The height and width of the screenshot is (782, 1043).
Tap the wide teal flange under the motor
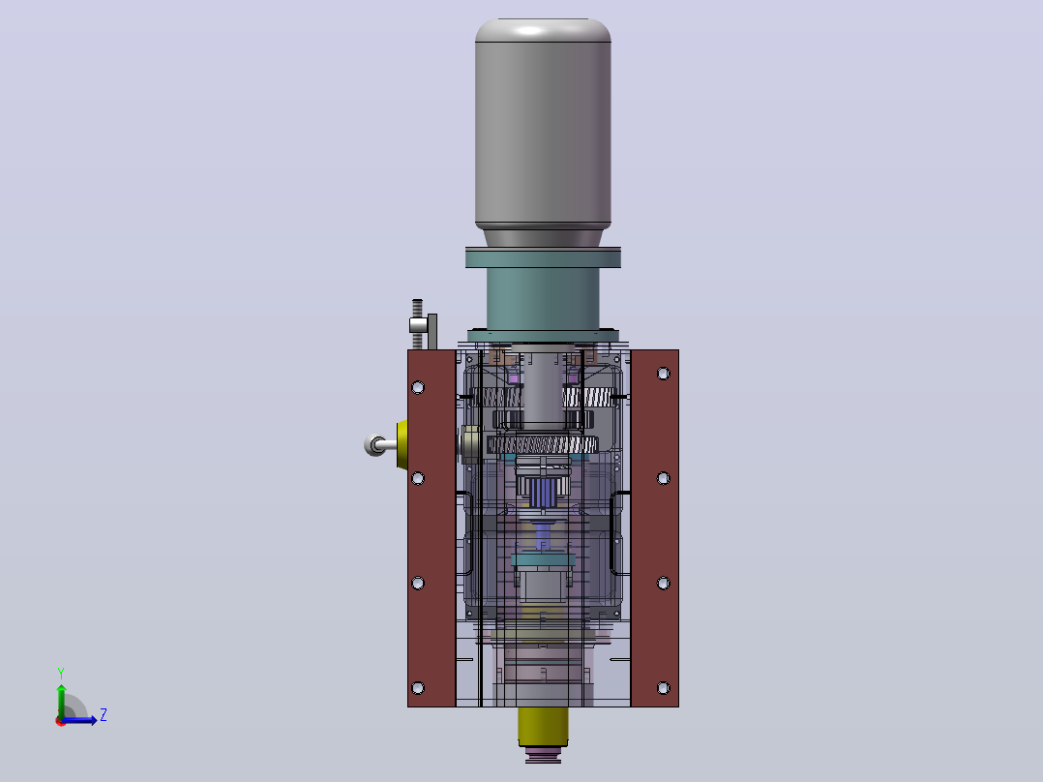[543, 257]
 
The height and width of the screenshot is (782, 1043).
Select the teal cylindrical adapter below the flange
[543, 299]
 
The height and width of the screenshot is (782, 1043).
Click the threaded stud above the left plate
[417, 324]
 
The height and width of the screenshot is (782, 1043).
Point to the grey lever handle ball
[374, 444]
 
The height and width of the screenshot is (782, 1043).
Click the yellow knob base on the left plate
[402, 444]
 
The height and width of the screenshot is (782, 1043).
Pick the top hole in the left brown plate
[418, 387]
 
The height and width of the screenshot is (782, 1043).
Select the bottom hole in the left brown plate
[418, 687]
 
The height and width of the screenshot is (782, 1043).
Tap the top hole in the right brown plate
[663, 374]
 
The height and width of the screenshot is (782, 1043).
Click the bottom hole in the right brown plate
[663, 687]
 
